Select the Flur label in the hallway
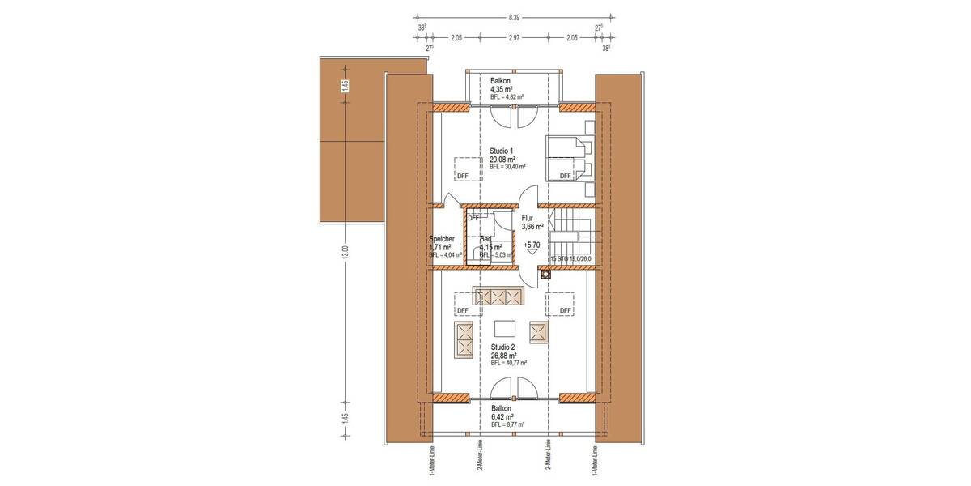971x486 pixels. coord(528,218)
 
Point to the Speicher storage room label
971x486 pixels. coord(442,239)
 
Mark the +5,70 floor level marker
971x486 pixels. coord(532,244)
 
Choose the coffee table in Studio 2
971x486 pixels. coord(505,328)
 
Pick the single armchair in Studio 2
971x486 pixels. coord(539,331)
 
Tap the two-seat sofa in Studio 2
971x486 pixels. coord(464,339)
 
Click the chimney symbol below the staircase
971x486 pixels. coord(546,274)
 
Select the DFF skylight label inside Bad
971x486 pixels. coord(473,218)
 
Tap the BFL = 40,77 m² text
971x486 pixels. coord(508,364)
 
